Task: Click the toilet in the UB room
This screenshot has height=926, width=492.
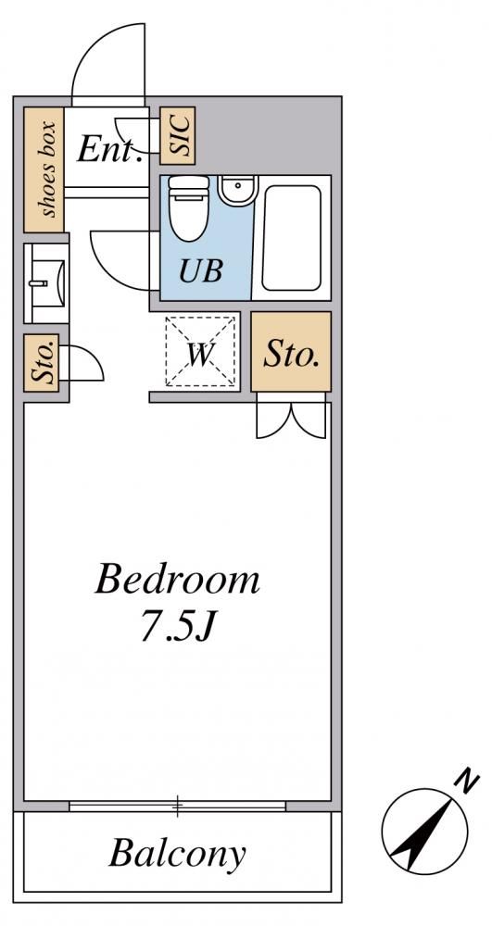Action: click(x=188, y=207)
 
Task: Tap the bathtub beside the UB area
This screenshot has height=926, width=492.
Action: click(x=291, y=237)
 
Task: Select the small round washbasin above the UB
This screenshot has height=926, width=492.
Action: click(x=236, y=189)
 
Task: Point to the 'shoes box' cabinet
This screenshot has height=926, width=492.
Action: click(x=44, y=169)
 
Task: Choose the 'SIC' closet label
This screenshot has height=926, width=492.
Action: click(x=177, y=136)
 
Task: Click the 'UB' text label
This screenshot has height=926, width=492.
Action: click(x=201, y=271)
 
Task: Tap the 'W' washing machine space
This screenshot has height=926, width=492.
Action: click(x=200, y=353)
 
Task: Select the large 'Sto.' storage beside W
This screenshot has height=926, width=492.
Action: click(x=291, y=351)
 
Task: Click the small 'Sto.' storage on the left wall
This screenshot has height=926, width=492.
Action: click(x=42, y=363)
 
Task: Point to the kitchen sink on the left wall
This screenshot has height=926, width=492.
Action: click(x=46, y=283)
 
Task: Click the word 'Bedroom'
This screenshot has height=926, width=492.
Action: click(x=177, y=580)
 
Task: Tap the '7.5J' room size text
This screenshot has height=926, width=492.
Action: click(x=176, y=627)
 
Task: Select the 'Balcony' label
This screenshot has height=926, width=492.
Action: click(x=177, y=853)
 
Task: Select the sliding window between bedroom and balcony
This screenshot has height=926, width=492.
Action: click(x=177, y=806)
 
